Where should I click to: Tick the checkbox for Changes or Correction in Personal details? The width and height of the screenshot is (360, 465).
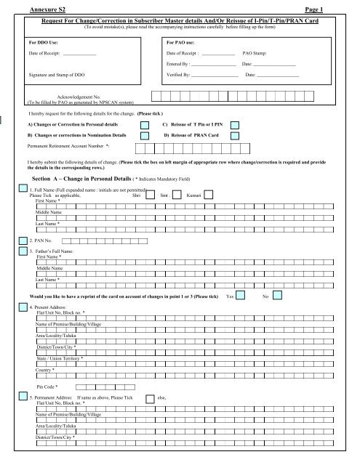(x=145, y=125)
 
